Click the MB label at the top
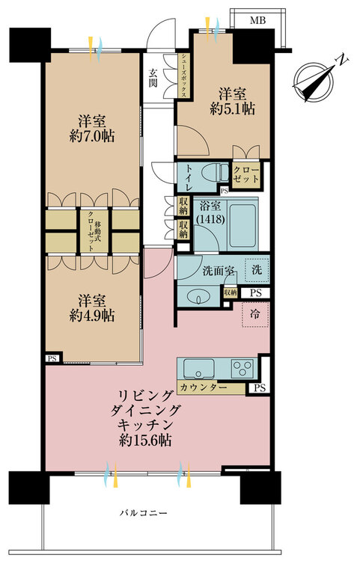coord(257,20)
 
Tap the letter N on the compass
coord(344,61)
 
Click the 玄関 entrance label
coord(153,79)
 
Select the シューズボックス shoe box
coord(183,76)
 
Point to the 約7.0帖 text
coord(92,136)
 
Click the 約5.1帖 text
coord(233,108)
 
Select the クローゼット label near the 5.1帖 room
coord(245,174)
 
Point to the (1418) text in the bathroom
coord(210,219)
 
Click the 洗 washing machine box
coord(256,270)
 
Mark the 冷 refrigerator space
coord(254,314)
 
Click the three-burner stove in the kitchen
coord(242,368)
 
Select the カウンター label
coord(204,387)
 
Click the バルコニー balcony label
coord(143,513)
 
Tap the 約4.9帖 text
coord(92,315)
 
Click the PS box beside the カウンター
coord(260,387)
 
